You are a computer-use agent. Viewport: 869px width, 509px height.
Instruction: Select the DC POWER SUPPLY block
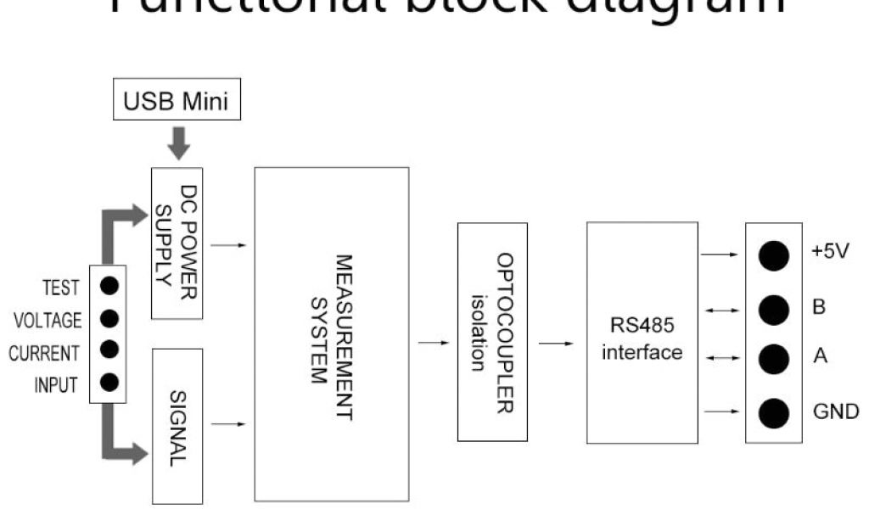coord(178,243)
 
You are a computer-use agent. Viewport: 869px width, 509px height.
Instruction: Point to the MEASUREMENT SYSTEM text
coord(332,333)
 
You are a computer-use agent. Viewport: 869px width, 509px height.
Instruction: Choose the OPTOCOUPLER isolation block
coord(492,332)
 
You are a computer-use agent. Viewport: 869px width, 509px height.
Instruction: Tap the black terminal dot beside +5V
coord(773,255)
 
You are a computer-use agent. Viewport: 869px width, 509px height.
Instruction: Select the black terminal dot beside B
coord(773,308)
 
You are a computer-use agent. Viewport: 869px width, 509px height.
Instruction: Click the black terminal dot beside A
coord(773,358)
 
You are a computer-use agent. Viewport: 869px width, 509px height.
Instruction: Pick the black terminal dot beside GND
coord(773,413)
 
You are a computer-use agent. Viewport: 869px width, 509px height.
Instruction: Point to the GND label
coord(835,413)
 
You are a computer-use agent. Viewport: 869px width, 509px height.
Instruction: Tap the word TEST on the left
coord(61,288)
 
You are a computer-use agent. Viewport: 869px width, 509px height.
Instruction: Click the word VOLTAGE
coord(48,321)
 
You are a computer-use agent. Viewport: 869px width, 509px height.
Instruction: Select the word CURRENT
coord(44,353)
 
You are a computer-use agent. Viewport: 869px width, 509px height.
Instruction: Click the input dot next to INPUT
coord(109,383)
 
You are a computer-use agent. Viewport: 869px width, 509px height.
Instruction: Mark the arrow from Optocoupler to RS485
coord(557,344)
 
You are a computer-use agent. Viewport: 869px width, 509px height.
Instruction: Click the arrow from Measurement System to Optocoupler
coord(434,344)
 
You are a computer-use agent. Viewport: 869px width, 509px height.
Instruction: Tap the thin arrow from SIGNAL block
coord(230,422)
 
